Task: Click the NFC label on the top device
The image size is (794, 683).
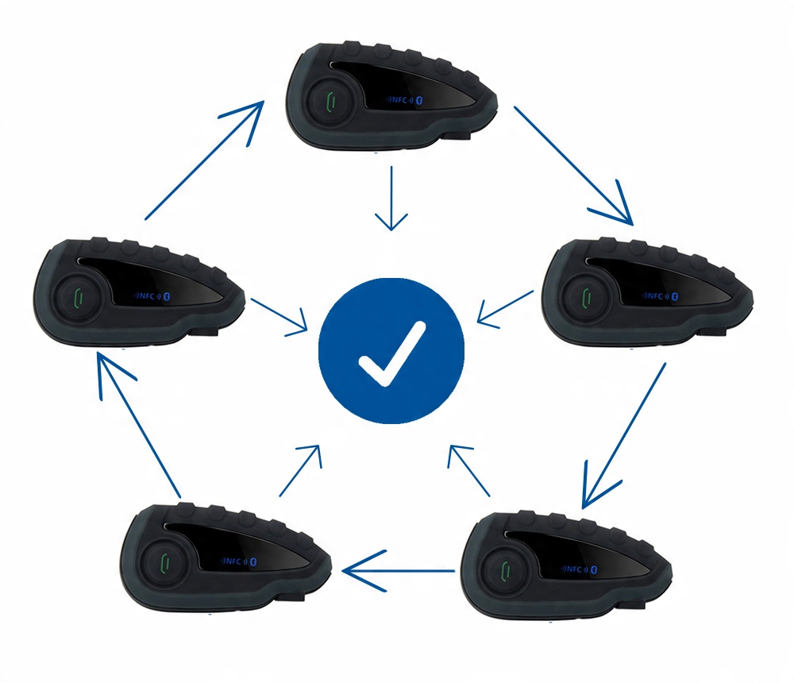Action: tap(399, 100)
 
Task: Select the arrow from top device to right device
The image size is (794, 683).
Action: tap(573, 165)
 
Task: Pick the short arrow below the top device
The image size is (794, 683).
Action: tap(391, 198)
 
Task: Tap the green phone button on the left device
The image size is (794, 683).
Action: tap(78, 297)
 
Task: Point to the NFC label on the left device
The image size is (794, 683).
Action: tap(146, 296)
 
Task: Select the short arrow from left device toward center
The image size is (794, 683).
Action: tap(279, 316)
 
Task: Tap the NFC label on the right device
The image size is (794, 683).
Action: tap(655, 295)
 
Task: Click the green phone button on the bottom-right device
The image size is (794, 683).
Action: tap(505, 572)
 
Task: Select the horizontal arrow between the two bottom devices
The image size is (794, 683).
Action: tap(398, 571)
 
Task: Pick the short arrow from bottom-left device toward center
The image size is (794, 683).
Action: tap(300, 470)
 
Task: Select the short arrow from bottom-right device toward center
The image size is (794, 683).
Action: tap(469, 470)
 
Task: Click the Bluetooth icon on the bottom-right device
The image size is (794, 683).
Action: tap(595, 569)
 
